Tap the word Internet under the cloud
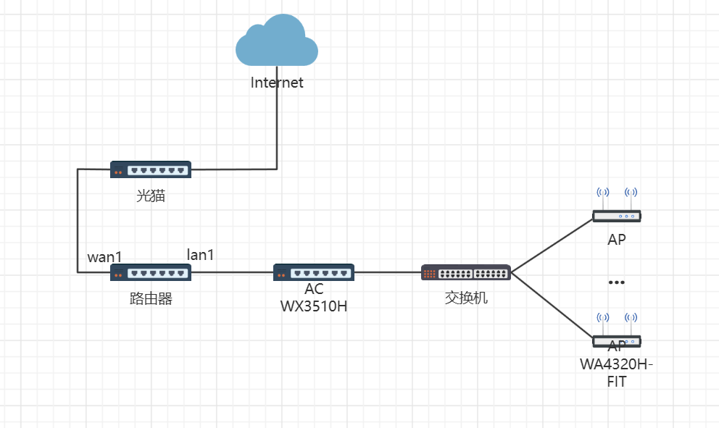pos(277,83)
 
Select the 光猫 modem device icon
pos(151,169)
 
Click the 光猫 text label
pos(151,196)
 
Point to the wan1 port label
pos(104,257)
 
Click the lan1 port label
pos(201,254)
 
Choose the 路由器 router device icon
pos(151,272)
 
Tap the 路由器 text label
pos(151,298)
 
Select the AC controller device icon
pos(314,272)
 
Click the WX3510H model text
pos(314,306)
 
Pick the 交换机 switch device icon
pos(466,272)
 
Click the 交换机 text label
pos(466,298)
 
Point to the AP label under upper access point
pos(617,240)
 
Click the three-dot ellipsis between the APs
pos(617,282)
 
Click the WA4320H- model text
pos(617,364)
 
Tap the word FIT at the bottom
pos(617,381)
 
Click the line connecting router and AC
pos(232,272)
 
